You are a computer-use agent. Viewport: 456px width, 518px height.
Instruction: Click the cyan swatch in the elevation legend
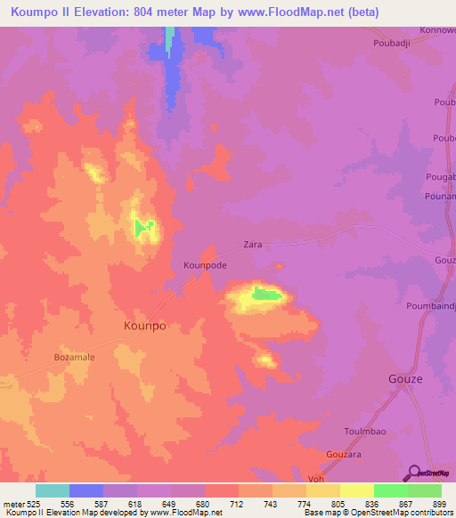pos(52,490)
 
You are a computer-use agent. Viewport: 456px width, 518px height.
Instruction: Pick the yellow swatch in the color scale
pos(357,490)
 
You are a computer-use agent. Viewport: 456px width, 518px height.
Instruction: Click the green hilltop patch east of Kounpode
pos(265,293)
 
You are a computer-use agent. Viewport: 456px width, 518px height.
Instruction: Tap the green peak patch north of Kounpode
pos(142,228)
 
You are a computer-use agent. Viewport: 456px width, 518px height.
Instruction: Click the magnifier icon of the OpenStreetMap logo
pos(414,472)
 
